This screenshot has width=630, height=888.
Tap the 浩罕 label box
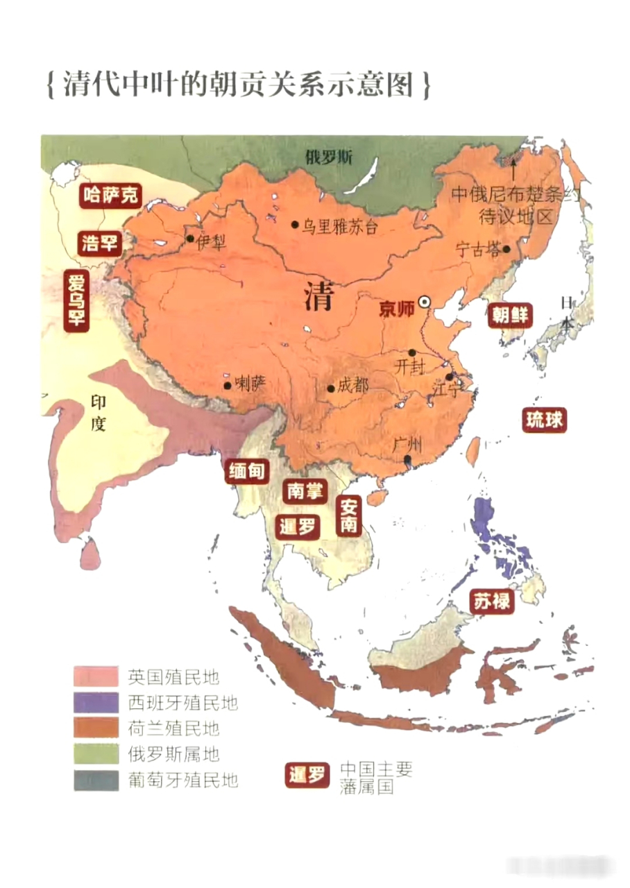pos(99,243)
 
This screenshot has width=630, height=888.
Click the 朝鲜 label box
pos(510,315)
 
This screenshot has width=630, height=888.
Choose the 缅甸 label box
pos(246,472)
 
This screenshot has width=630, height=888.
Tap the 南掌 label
pos(305,491)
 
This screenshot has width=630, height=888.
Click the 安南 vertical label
pos(348,515)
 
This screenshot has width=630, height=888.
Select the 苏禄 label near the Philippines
pos(492,601)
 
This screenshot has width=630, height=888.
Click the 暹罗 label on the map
pos(298,527)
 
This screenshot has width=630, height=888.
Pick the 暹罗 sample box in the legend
pos(306,775)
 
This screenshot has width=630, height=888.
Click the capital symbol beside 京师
pos(425,302)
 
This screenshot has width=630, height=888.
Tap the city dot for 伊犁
pos(189,238)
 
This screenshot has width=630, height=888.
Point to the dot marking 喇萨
pos(227,386)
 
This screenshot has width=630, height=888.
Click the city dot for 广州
pos(408,459)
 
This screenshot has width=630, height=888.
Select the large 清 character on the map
pos(319,299)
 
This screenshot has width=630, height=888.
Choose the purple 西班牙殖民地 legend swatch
pos(96,702)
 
